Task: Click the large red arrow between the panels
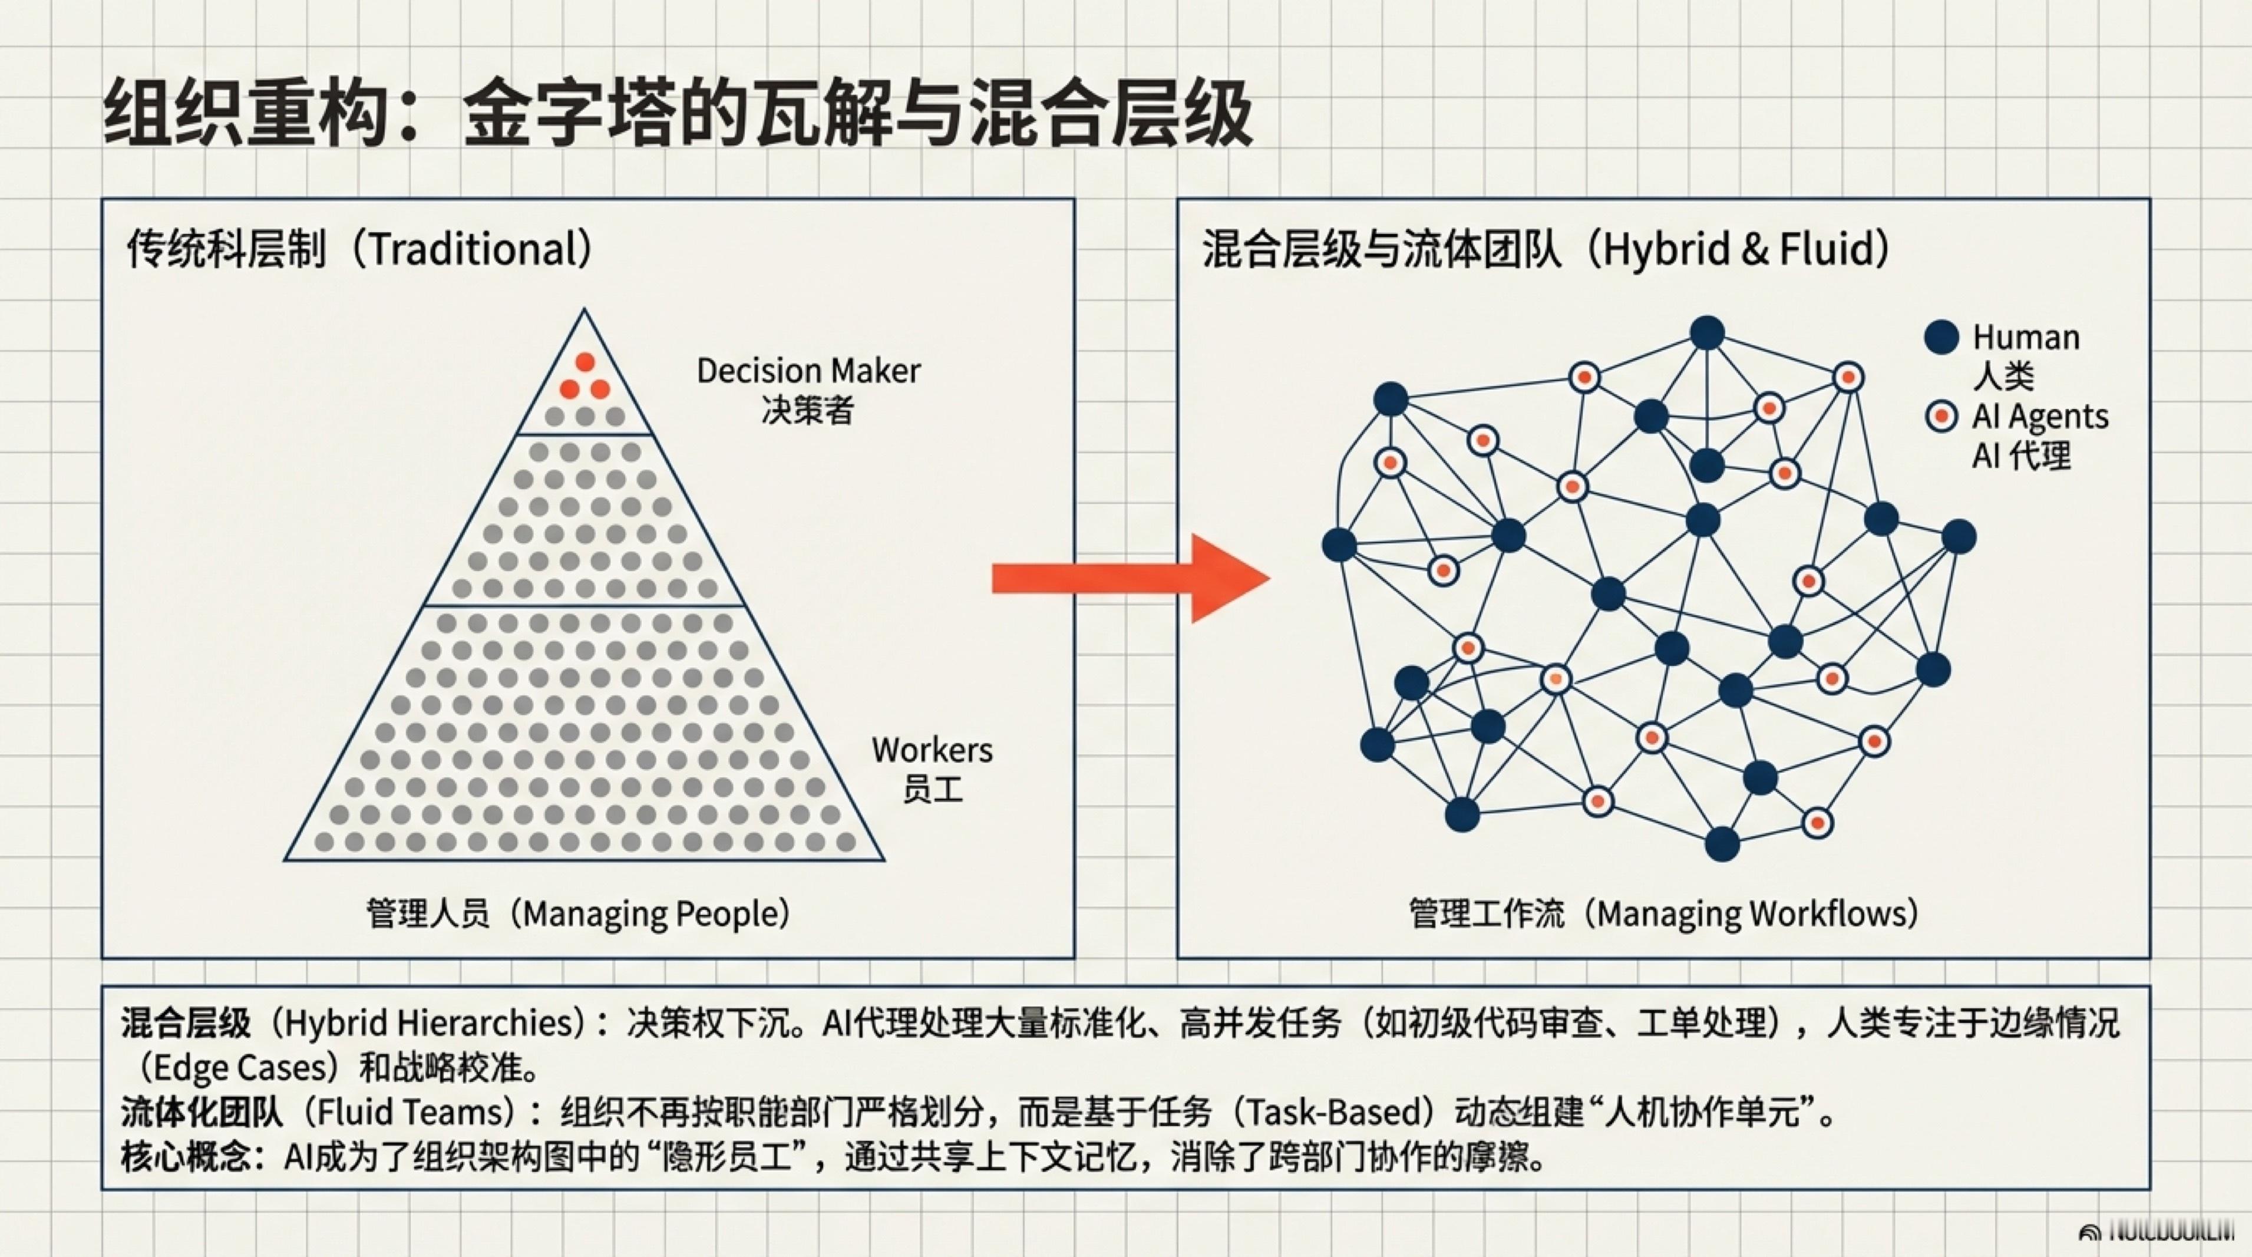[x=1128, y=578]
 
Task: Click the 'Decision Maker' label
[x=808, y=371]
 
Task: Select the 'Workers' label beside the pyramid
[x=932, y=750]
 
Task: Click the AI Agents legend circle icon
[x=1941, y=416]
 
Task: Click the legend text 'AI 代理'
[x=2021, y=456]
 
